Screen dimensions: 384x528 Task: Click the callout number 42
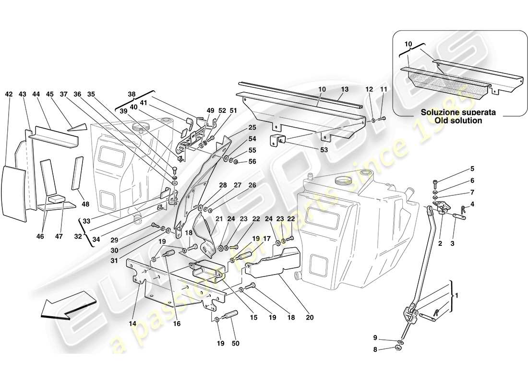9,95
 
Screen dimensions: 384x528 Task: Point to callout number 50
235,343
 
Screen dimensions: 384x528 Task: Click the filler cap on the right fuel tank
342,181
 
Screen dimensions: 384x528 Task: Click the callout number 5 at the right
472,169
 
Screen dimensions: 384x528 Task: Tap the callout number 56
252,161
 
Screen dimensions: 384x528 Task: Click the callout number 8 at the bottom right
376,350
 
